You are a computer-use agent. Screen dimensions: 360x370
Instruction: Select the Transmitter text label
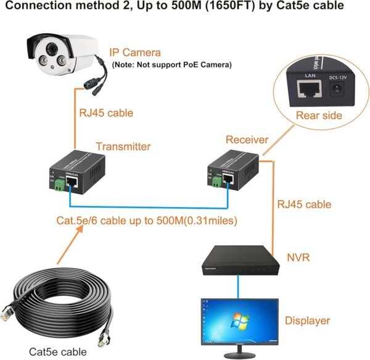123,147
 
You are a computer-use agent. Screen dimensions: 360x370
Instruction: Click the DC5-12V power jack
337,91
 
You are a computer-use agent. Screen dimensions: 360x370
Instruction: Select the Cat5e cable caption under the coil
58,352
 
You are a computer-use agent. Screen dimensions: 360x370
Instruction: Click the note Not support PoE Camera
171,64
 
